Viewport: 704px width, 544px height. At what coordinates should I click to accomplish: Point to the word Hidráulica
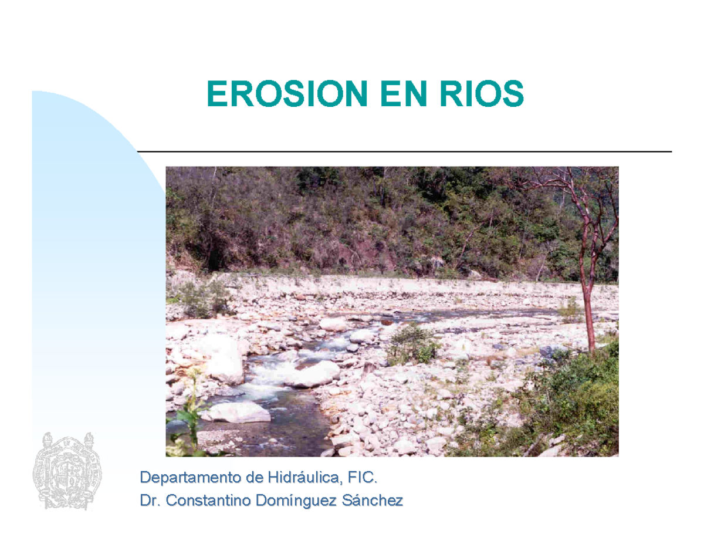tap(304, 478)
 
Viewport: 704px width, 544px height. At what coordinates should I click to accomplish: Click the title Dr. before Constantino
tap(150, 501)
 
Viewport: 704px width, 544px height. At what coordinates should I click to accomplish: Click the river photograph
tap(392, 311)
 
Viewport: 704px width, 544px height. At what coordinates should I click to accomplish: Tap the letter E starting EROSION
tap(216, 94)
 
